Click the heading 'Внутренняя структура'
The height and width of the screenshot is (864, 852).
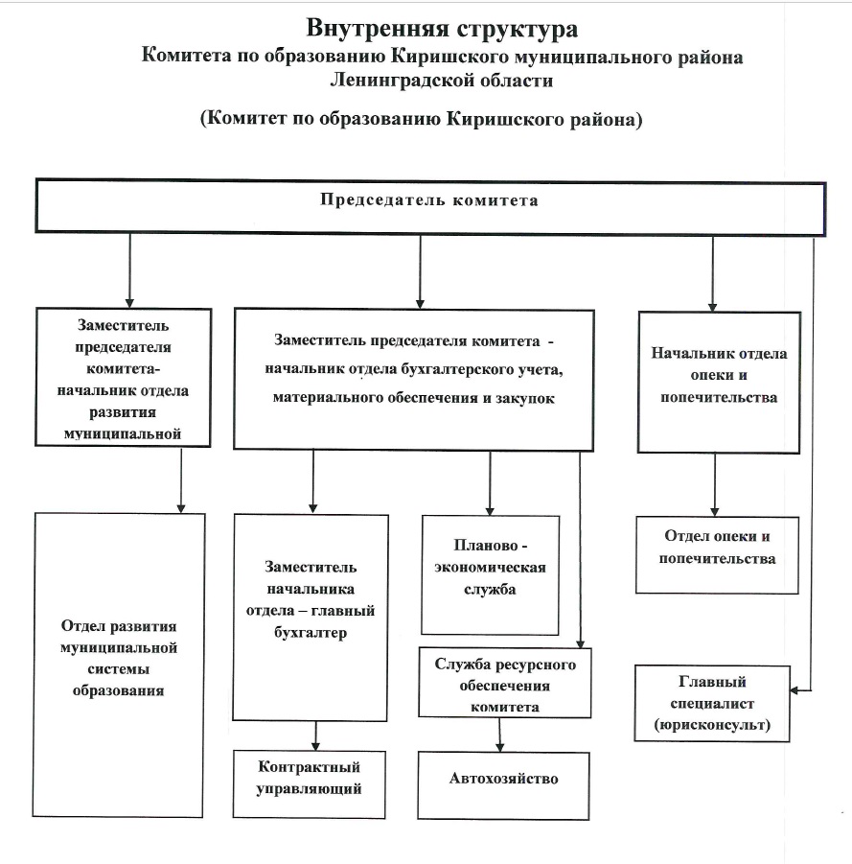pyautogui.click(x=442, y=29)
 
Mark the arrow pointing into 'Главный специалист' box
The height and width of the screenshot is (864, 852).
pyautogui.click(x=813, y=464)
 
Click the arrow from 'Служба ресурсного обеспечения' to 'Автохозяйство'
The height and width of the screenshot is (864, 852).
pyautogui.click(x=499, y=735)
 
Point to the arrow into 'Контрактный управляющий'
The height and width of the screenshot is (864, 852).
pyautogui.click(x=315, y=736)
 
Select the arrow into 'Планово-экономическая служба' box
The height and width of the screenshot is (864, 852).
pyautogui.click(x=490, y=483)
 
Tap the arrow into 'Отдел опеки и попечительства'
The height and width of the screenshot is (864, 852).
pyautogui.click(x=715, y=485)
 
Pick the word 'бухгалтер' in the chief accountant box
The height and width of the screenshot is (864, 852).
pyautogui.click(x=311, y=632)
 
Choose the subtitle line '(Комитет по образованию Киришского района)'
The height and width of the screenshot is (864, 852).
pyautogui.click(x=422, y=119)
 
